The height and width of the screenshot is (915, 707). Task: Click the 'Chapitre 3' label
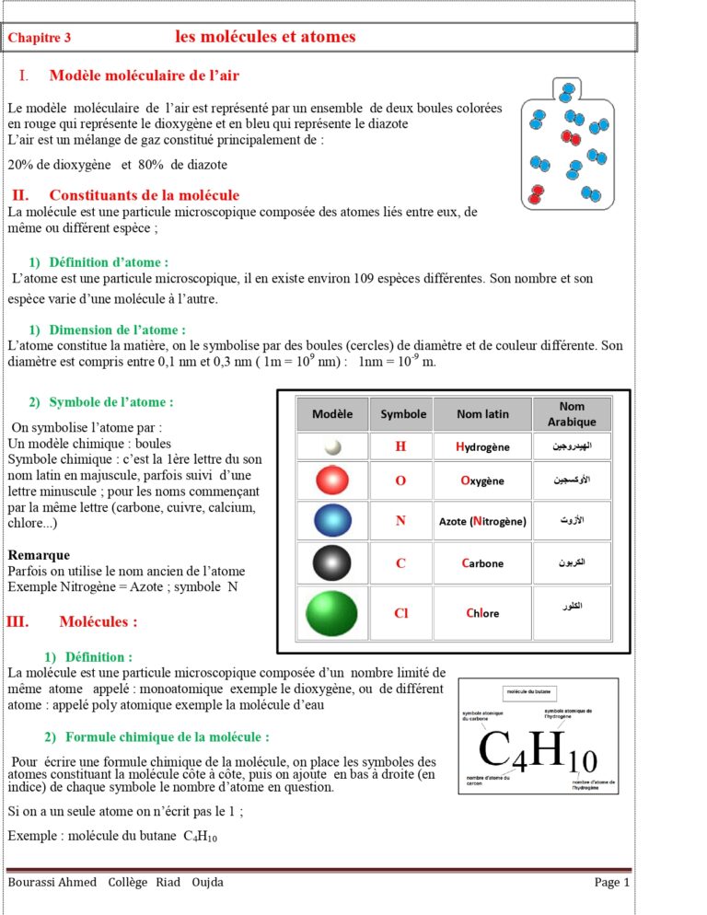point(40,38)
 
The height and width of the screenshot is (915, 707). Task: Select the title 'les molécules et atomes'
point(265,37)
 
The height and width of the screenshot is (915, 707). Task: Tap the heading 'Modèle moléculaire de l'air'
point(145,75)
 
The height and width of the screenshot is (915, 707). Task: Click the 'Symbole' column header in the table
point(403,414)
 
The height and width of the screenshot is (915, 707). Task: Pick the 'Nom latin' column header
point(482,414)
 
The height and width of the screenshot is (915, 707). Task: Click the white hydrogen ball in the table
point(332,446)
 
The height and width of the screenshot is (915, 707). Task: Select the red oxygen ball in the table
point(332,481)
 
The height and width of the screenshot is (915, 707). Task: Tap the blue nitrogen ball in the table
point(332,521)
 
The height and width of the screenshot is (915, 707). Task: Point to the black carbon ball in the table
point(332,562)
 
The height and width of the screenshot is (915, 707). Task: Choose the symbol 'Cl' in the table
point(400,613)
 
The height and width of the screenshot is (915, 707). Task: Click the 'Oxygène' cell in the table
point(482,481)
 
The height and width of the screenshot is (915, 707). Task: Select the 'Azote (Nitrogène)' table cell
point(482,521)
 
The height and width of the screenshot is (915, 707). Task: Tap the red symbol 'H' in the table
point(400,446)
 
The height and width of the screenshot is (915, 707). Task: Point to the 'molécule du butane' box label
point(530,692)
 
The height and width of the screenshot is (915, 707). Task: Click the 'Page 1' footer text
point(612,883)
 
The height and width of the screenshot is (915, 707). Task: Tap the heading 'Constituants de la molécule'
point(144,195)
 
